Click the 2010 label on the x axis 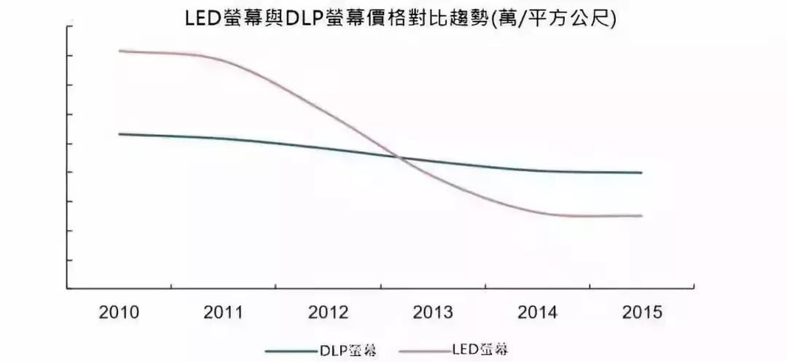pyautogui.click(x=119, y=313)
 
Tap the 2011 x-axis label pyautogui.click(x=223, y=313)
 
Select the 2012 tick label pyautogui.click(x=328, y=313)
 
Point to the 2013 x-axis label pyautogui.click(x=433, y=313)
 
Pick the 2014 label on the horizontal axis pyautogui.click(x=537, y=313)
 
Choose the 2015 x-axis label pyautogui.click(x=642, y=313)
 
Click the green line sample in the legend pyautogui.click(x=291, y=350)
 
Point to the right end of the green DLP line pyautogui.click(x=642, y=173)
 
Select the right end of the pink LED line pyautogui.click(x=642, y=216)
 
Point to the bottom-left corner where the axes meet pyautogui.click(x=68, y=288)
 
